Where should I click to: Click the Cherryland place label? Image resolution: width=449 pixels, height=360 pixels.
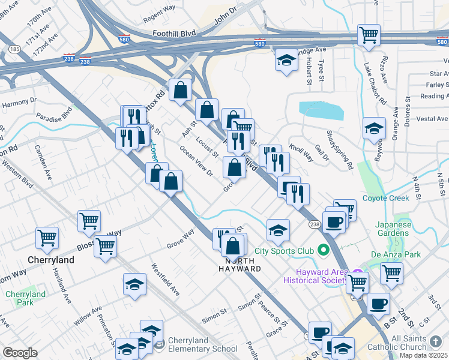click(52, 260)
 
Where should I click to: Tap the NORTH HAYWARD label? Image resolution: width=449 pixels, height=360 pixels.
click(243, 265)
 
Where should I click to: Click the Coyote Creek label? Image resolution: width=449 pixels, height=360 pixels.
click(385, 198)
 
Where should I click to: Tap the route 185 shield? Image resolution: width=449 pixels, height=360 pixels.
click(14, 47)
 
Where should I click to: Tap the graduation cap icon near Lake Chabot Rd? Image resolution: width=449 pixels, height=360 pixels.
click(374, 128)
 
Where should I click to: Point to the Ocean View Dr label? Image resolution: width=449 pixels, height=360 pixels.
click(196, 162)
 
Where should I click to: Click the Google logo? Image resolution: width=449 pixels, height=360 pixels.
click(19, 353)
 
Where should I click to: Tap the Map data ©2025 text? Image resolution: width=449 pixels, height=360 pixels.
click(423, 355)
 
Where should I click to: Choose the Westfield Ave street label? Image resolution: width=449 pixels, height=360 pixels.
click(165, 279)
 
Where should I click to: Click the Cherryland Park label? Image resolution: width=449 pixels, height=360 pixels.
click(26, 299)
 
